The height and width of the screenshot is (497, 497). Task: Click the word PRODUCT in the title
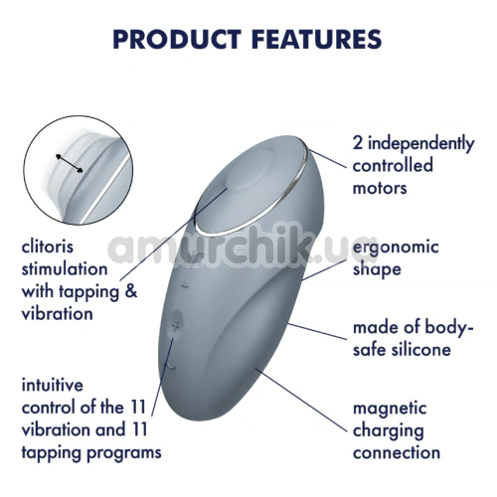[x=177, y=39]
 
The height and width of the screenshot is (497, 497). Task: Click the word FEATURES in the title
[x=317, y=39]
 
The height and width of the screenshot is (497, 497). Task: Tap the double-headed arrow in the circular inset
[x=70, y=163]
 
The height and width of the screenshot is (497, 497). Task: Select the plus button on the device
[x=176, y=326]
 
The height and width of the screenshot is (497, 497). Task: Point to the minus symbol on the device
[x=185, y=284]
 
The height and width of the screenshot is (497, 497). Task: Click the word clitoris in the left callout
[x=48, y=247]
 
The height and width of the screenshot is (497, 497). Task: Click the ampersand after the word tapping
[x=131, y=292]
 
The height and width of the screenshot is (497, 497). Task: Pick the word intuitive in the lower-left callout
[x=53, y=385]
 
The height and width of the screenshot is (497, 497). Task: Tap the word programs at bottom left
[x=123, y=453]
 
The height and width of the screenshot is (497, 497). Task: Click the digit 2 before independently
[x=358, y=143]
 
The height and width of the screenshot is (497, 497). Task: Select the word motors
[x=380, y=188]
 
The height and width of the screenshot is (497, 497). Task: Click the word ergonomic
[x=396, y=248]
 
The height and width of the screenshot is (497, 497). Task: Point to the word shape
[x=377, y=269]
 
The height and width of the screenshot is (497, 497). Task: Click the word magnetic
[x=390, y=409]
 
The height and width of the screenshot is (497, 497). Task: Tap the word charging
[x=389, y=431]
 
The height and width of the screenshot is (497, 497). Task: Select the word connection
[x=397, y=452]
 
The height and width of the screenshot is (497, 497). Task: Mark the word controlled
[x=393, y=165]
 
